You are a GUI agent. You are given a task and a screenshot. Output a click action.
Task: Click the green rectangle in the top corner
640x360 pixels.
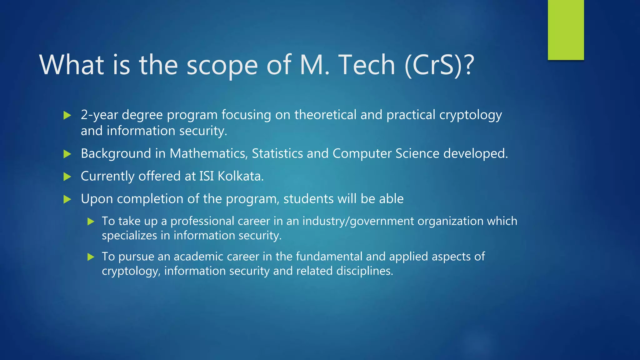566,30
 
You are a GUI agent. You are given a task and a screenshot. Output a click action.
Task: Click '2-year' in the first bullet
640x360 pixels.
99,115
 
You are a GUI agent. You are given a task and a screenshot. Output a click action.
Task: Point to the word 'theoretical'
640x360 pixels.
325,115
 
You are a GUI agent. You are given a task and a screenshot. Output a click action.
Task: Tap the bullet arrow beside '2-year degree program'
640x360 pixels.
67,115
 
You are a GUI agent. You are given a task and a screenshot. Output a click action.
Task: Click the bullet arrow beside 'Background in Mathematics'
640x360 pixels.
67,154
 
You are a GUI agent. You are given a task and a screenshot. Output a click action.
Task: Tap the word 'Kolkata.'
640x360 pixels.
241,176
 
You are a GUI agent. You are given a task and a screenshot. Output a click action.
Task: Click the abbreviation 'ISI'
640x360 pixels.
206,176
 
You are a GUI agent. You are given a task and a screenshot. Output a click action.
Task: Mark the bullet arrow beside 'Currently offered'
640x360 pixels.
67,177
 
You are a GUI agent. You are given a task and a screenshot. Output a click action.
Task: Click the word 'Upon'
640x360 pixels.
97,199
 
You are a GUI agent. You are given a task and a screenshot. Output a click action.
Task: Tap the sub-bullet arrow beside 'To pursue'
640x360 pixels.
91,257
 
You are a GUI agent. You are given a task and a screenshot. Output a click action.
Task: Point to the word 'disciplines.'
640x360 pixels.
365,271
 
